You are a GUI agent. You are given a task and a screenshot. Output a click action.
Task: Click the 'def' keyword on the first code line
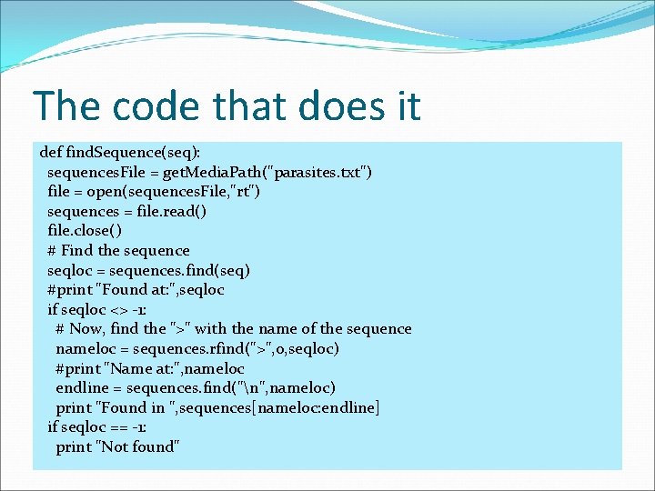[x=51, y=152]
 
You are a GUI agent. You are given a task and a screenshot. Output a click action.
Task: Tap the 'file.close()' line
[x=90, y=231]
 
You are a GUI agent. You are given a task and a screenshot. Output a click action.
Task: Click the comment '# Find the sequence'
[x=118, y=250]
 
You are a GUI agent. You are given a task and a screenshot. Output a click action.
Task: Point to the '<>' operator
[x=110, y=309]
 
